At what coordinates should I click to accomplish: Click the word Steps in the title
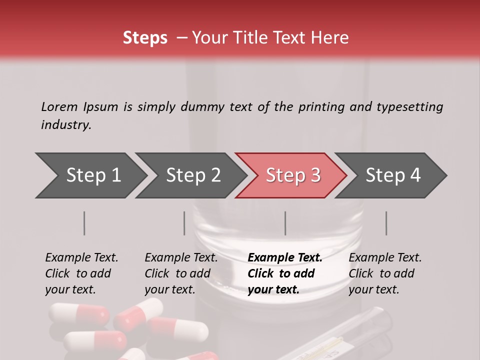click(145, 38)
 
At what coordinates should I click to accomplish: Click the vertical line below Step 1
click(84, 223)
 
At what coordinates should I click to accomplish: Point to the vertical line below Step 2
click(184, 223)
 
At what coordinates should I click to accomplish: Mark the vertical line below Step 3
click(285, 223)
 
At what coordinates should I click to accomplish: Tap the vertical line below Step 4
click(386, 223)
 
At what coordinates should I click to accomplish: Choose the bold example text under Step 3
click(284, 273)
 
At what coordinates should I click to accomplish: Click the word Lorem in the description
click(59, 106)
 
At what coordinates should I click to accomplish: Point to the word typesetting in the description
click(409, 106)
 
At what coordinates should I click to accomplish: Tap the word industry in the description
click(66, 125)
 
